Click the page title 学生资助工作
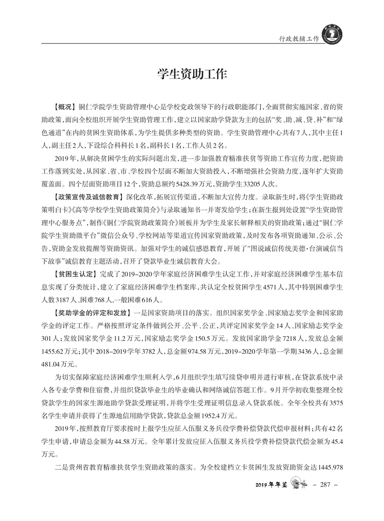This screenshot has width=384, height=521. point(192,74)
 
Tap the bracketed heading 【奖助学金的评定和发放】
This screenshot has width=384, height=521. point(92,312)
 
